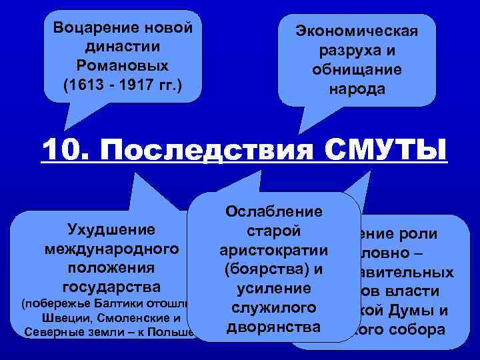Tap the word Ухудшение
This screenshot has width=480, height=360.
coord(111,230)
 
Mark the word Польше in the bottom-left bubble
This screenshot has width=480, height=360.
coord(176,331)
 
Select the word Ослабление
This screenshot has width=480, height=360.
coord(275,211)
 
